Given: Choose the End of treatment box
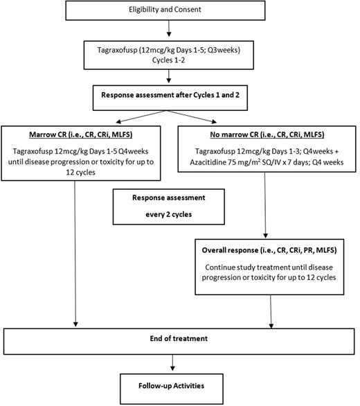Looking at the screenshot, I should click(x=181, y=338).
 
